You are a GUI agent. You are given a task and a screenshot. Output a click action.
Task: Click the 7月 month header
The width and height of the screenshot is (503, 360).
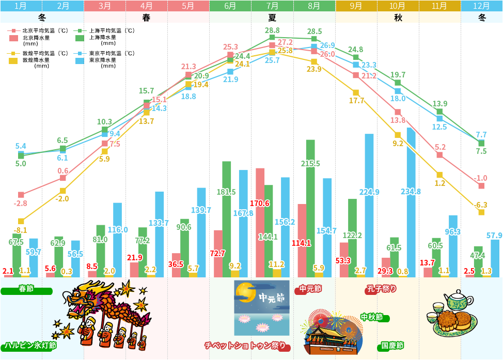click(x=272, y=6)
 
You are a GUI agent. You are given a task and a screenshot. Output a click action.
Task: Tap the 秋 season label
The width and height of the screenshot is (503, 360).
click(x=398, y=17)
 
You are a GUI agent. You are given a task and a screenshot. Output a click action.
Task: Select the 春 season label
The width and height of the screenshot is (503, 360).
click(x=147, y=17)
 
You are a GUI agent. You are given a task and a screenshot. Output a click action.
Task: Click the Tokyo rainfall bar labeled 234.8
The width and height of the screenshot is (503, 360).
click(x=411, y=201)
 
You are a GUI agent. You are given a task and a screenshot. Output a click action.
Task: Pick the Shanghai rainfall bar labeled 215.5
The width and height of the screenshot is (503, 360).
click(x=310, y=207)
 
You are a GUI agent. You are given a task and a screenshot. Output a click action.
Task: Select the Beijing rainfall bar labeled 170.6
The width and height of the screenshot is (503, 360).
click(x=260, y=222)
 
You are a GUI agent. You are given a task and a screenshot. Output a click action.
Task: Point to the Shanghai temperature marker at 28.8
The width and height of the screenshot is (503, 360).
click(x=272, y=38)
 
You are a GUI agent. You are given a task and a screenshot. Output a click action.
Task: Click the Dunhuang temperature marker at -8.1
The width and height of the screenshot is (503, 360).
click(x=21, y=221)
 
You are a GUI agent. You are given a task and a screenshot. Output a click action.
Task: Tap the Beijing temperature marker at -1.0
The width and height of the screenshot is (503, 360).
click(x=481, y=185)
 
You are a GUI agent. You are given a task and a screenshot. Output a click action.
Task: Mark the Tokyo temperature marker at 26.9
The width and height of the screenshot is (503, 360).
click(x=314, y=46)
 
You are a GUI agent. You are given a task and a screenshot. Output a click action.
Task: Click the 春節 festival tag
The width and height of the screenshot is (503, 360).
click(x=26, y=289)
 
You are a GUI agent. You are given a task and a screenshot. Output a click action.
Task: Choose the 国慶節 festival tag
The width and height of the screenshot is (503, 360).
click(x=392, y=346)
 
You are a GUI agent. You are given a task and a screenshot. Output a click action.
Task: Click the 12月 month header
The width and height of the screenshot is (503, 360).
click(x=481, y=6)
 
